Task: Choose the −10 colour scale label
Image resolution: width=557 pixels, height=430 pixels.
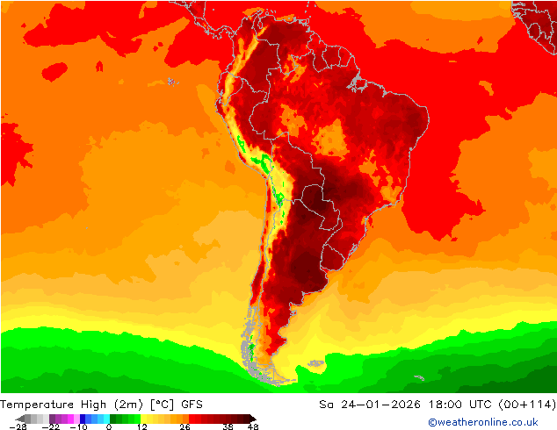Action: pyautogui.click(x=78, y=426)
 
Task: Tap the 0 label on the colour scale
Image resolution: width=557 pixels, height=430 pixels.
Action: pyautogui.click(x=109, y=426)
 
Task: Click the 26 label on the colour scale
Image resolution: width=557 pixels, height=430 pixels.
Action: pyautogui.click(x=184, y=426)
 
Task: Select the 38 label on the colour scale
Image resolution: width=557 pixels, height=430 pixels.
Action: pyautogui.click(x=228, y=426)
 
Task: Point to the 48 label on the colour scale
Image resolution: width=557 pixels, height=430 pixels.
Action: pyautogui.click(x=254, y=426)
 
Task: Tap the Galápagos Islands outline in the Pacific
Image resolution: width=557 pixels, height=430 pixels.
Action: pyautogui.click(x=170, y=81)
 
